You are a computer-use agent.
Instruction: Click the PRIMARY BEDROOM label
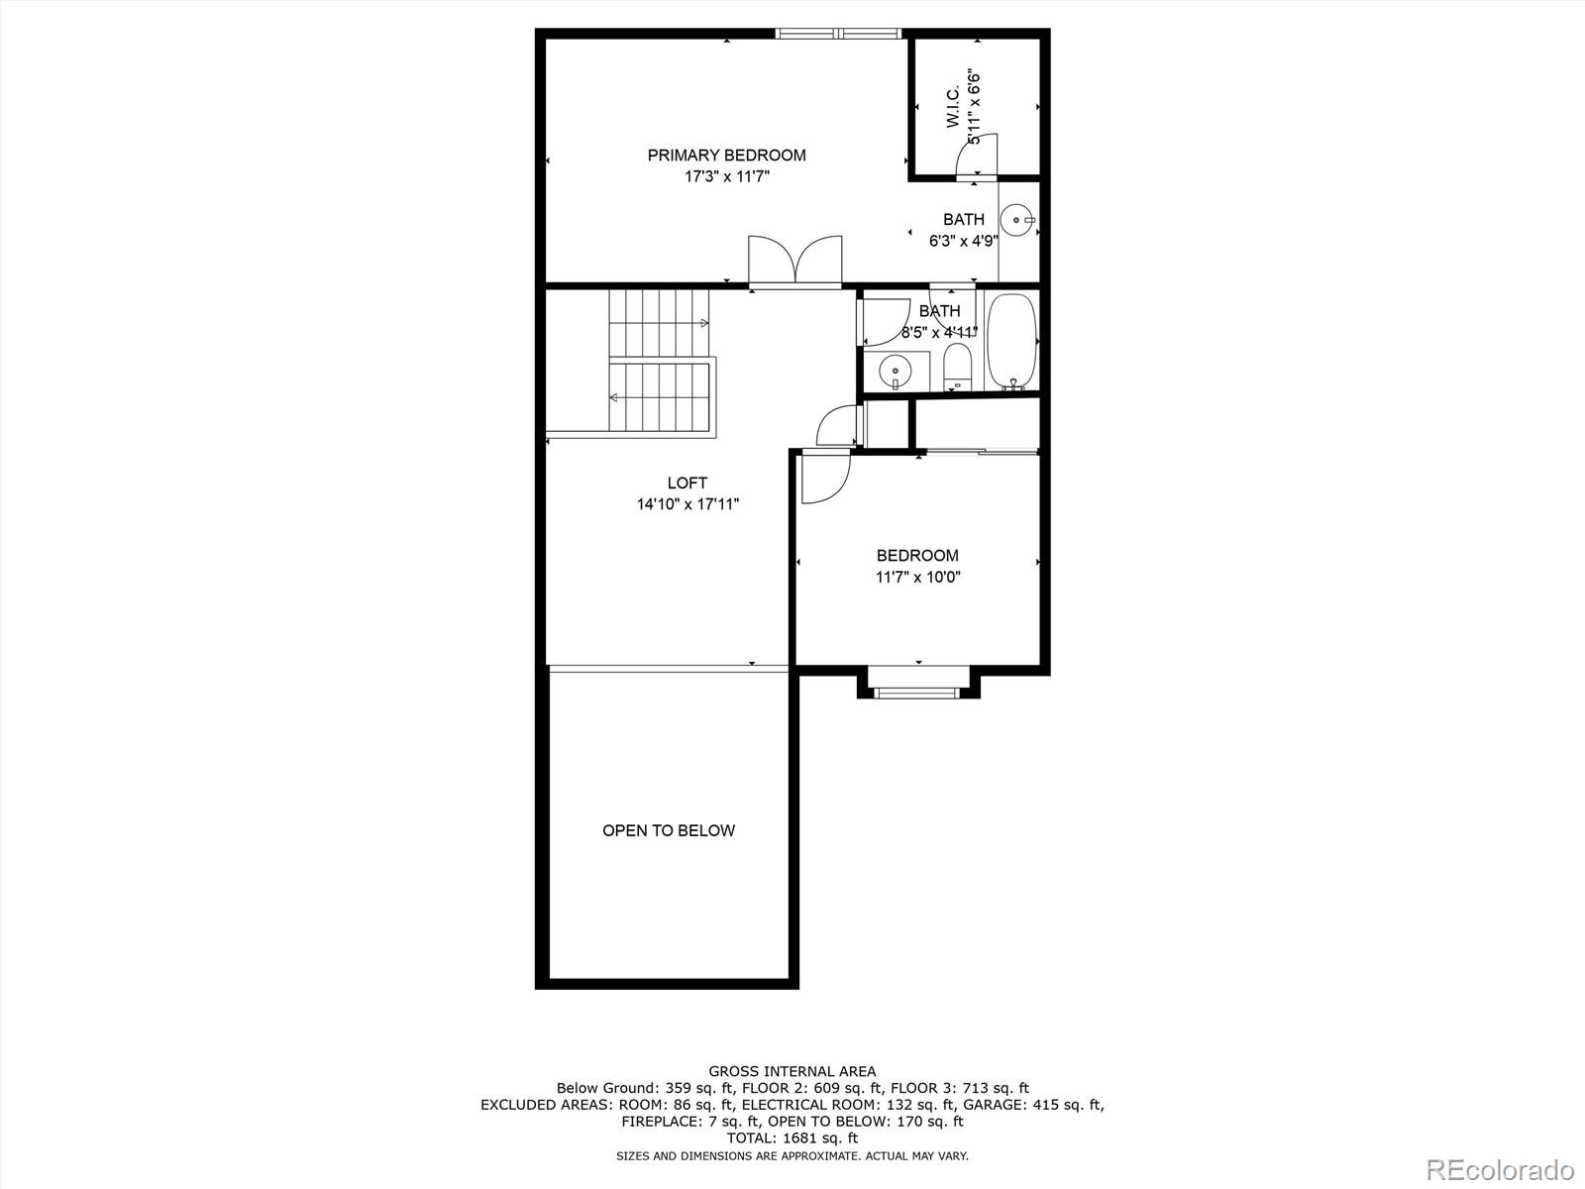pos(726,155)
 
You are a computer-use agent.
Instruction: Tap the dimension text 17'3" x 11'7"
pos(726,176)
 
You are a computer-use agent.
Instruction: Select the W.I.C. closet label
pos(952,107)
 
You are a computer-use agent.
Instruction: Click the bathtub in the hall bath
pos(1011,340)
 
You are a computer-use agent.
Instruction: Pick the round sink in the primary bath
pos(1017,219)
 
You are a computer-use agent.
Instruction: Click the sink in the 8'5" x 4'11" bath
pos(895,371)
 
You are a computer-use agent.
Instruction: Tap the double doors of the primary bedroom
pos(795,262)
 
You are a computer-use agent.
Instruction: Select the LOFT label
pos(687,483)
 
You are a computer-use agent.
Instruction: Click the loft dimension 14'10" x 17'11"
pos(687,504)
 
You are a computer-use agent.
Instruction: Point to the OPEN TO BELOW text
pos(669,830)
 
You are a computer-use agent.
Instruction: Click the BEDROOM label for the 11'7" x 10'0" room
pos(917,556)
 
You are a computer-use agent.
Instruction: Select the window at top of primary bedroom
pos(838,34)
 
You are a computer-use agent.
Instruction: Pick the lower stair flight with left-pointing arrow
pos(659,396)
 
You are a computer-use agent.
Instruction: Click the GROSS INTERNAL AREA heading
pos(792,1071)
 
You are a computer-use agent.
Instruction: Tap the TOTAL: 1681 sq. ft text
pos(792,1138)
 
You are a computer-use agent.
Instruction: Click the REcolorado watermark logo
pos(1499,1169)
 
